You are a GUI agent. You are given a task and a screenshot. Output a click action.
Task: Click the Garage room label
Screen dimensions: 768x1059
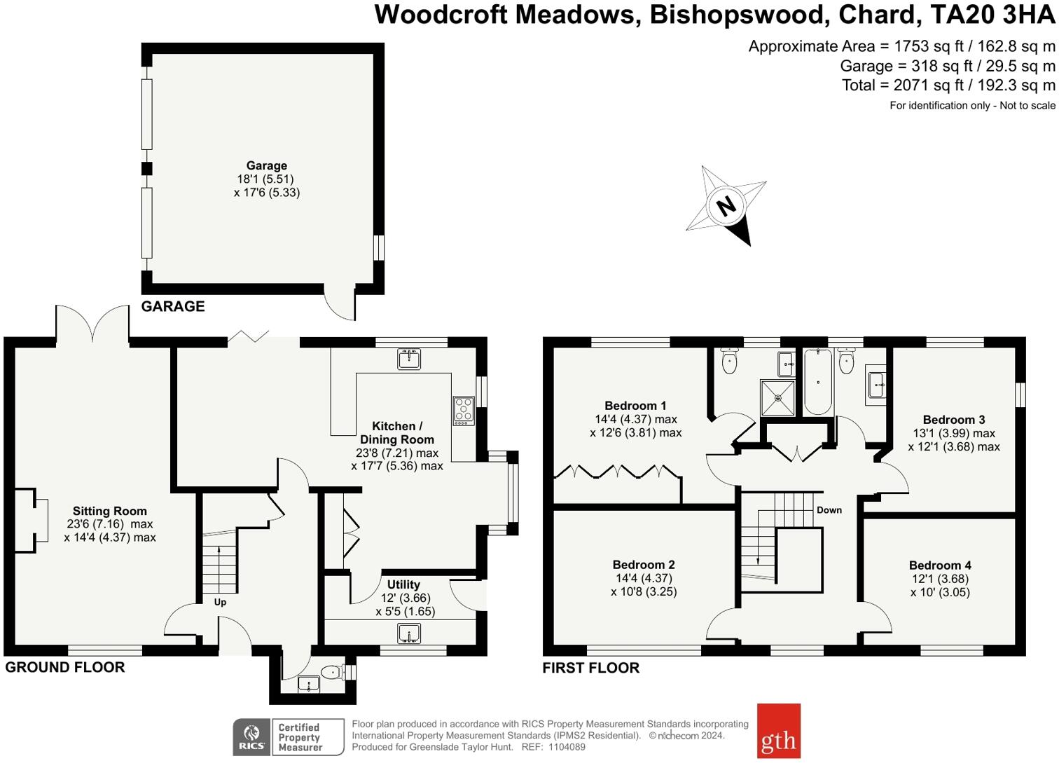[x=266, y=166]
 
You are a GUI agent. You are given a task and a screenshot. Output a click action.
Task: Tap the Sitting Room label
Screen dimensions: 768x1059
[x=110, y=511]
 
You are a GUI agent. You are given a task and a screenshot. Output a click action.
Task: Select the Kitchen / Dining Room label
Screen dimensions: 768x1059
[x=397, y=432]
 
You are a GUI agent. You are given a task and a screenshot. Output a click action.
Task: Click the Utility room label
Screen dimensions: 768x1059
[x=403, y=584]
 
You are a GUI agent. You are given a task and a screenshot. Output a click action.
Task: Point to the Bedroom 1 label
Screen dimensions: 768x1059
[x=635, y=406]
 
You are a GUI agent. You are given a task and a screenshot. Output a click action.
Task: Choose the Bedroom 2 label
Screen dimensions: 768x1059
[x=644, y=565]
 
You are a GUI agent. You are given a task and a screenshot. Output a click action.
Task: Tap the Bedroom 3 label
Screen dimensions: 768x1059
[x=954, y=420]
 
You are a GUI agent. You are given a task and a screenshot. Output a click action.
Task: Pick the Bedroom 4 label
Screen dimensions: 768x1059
[x=940, y=565]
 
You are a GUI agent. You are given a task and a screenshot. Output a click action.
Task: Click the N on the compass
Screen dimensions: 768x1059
[x=726, y=206]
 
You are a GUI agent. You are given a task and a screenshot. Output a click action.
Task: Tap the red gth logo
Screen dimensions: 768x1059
[x=778, y=731]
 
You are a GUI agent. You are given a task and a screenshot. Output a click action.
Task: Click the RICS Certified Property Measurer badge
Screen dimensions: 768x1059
[x=289, y=737]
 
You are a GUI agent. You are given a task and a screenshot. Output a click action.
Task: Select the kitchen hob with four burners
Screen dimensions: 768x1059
[x=463, y=411]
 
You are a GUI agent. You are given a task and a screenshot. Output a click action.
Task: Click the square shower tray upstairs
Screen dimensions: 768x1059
[x=778, y=398]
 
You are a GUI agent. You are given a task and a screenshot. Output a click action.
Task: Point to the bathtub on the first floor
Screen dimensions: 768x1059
[x=817, y=382]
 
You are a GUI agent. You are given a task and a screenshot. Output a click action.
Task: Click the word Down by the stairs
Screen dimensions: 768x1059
[x=829, y=510]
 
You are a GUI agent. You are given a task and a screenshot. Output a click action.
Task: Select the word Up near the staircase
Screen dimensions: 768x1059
[x=220, y=602]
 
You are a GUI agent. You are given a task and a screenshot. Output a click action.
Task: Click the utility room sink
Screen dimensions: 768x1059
[x=408, y=635]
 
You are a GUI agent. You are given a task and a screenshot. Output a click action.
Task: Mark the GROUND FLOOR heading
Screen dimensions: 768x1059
[x=65, y=667]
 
